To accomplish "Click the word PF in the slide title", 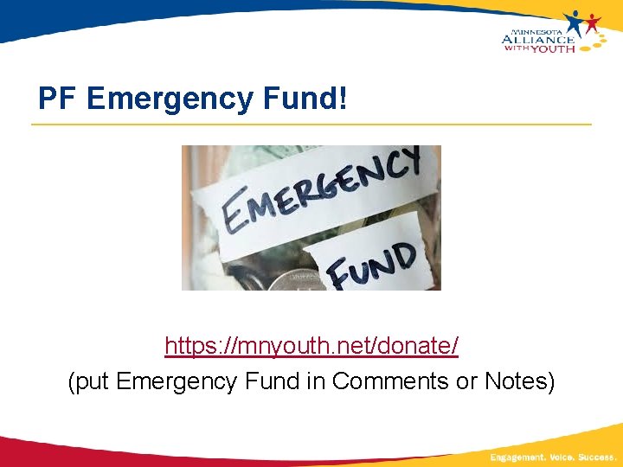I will [58, 99].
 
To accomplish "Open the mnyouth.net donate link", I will [311, 347].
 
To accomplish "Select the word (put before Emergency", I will [88, 381].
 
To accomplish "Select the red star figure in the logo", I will [593, 23].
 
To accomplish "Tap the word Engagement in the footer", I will [517, 457].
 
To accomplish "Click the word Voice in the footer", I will [563, 457].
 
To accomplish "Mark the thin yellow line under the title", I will [311, 125].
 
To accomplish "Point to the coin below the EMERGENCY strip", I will [290, 278].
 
